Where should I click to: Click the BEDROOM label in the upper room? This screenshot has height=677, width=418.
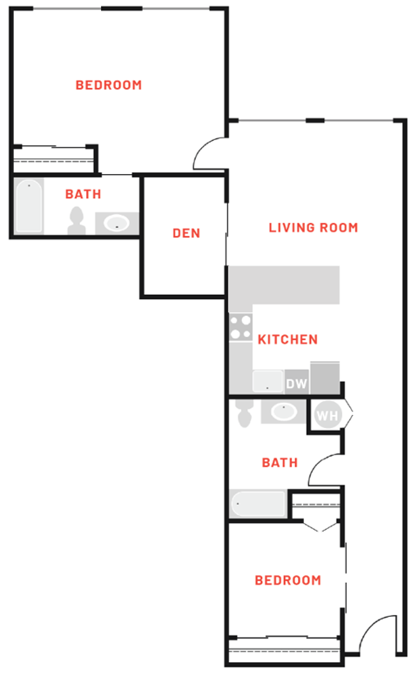[108, 85]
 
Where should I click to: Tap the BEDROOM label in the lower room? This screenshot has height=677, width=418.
[287, 580]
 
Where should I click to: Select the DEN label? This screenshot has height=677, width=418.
[186, 233]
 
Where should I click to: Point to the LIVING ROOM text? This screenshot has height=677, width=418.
[313, 228]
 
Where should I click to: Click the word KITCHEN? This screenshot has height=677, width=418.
[287, 339]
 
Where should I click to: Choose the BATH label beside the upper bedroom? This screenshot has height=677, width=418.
[83, 194]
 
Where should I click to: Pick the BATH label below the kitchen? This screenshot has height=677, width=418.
[280, 463]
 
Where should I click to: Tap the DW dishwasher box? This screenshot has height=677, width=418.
[296, 383]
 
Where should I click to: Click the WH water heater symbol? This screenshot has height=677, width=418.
[327, 416]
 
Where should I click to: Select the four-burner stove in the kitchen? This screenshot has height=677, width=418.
[240, 328]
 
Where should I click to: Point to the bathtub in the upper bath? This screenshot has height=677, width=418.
[29, 205]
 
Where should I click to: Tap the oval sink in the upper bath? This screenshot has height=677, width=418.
[115, 224]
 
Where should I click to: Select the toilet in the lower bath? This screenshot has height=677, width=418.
[243, 412]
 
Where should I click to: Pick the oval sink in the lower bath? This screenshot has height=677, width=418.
[283, 411]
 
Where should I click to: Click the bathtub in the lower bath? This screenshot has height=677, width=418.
[259, 503]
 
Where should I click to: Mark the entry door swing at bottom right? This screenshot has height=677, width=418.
[379, 635]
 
